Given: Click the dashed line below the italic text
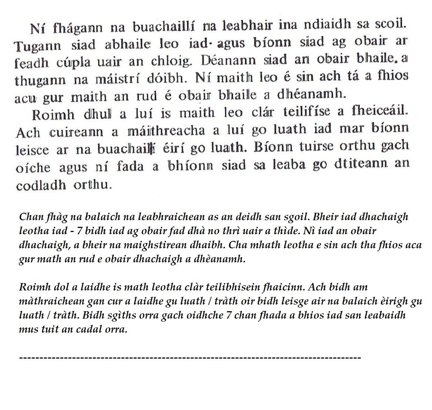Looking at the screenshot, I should pyautogui.click(x=190, y=358).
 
